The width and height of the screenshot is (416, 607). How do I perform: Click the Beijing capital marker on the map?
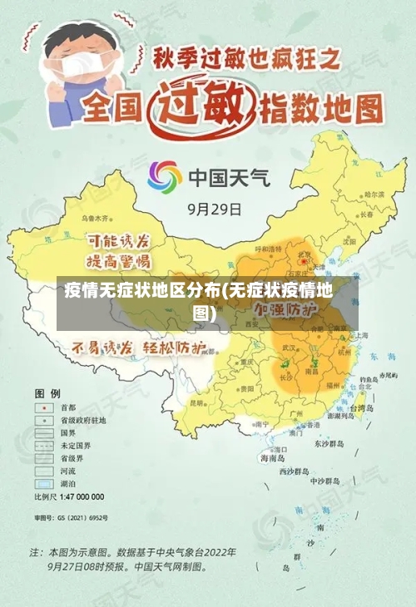click(x=305, y=262)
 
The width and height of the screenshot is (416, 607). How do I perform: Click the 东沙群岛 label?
click(x=329, y=443)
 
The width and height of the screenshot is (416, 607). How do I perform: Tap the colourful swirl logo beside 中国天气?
click(x=165, y=177)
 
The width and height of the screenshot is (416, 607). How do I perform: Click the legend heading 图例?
click(x=47, y=392)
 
